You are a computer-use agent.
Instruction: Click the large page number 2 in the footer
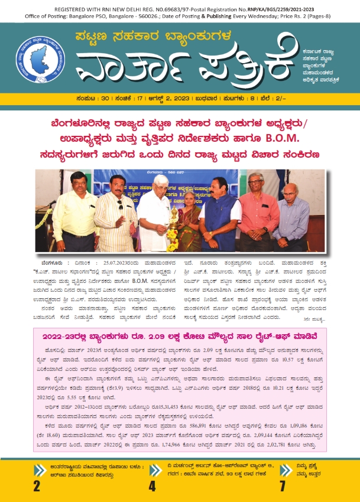coord(36,485)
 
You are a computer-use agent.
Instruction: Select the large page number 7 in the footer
coord(283,485)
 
